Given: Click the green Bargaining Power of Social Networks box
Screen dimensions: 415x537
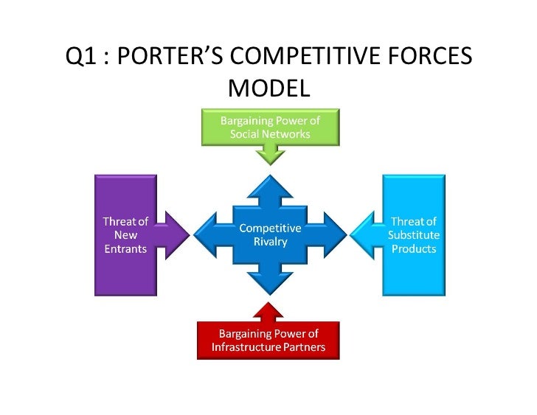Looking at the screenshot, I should coord(270,126).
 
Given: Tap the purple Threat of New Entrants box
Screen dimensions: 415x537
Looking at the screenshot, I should coord(124,235).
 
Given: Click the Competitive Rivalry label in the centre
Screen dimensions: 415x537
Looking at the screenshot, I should coord(270,235).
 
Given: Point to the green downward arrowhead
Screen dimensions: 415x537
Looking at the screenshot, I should coord(270,155).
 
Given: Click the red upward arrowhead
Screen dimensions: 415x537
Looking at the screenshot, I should coord(270,310).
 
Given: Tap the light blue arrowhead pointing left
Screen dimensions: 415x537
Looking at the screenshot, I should coord(364,235).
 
